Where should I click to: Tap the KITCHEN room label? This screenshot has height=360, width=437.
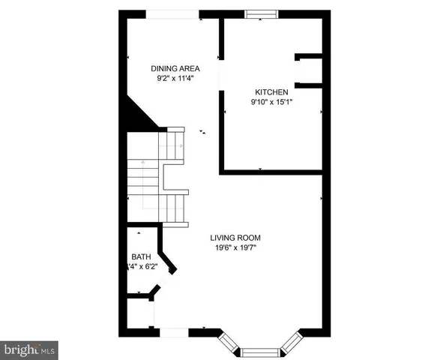(x=271, y=92)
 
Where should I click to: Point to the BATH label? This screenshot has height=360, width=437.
(x=140, y=255)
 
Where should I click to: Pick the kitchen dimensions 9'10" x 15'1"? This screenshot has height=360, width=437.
(x=271, y=103)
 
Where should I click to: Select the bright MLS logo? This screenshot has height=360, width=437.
(x=29, y=349)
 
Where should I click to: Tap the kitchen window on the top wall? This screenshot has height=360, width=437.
(x=261, y=12)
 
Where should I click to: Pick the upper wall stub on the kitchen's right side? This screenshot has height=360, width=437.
(x=308, y=55)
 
